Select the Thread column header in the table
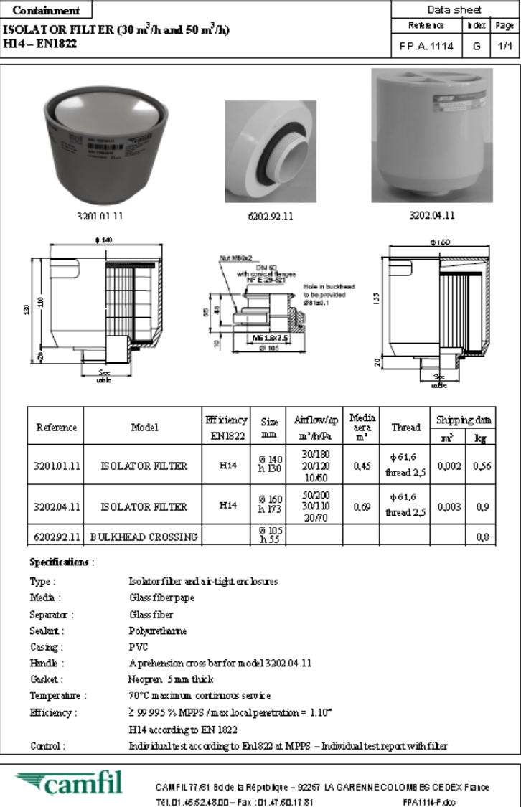pos(405,427)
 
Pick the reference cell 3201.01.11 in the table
pos(56,466)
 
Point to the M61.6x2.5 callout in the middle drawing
pos(267,336)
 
